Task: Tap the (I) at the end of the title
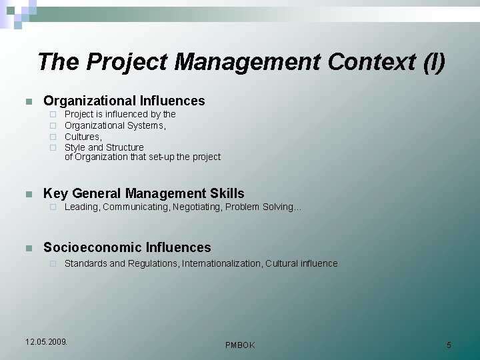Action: (434, 62)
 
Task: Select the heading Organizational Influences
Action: (124, 101)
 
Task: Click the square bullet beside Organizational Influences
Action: (28, 102)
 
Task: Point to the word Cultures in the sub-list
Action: (82, 137)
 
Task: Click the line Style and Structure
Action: (104, 147)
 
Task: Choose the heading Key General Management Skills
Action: (143, 194)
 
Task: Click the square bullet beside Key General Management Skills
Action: (28, 195)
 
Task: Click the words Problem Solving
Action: (262, 207)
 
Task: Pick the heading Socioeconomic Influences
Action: (127, 248)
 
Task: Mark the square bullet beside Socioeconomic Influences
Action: (28, 249)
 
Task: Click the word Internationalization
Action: (222, 264)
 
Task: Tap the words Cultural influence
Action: (301, 264)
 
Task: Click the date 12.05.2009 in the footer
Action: (46, 342)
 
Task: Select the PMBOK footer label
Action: (240, 345)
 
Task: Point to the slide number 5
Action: (449, 345)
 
